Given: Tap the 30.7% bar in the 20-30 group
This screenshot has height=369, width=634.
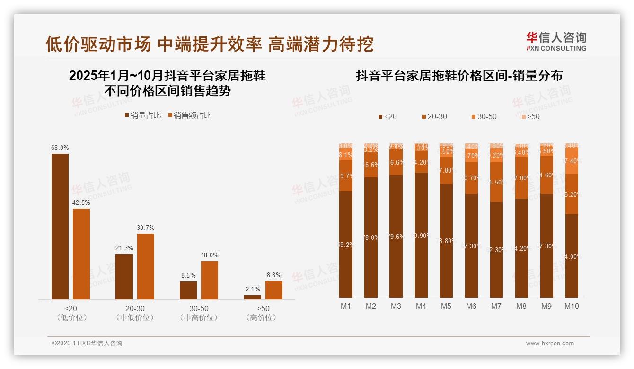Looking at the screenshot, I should tap(146, 266).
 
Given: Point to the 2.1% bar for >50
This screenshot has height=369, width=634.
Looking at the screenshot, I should tap(253, 297).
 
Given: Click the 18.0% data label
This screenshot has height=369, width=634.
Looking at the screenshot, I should tap(210, 255).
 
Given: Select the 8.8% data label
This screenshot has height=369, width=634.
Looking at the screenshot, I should tap(273, 275).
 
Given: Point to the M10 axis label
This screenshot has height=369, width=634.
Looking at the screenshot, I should tap(572, 307).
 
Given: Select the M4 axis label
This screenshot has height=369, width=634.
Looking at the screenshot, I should tap(421, 307).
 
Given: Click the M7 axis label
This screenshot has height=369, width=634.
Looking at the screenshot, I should tap(496, 307).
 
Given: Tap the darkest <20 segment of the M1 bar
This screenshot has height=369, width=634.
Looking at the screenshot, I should tap(346, 244).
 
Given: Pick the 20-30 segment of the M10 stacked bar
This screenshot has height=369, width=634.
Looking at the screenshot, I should tap(572, 194).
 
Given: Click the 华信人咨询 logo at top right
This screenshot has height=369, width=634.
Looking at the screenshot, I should tap(556, 41).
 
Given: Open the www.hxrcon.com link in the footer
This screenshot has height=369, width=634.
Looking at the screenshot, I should tap(550, 343).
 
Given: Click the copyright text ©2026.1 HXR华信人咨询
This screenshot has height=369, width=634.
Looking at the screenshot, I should tap(87, 343).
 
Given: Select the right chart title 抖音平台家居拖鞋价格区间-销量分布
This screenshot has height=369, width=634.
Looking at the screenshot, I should tap(459, 76).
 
